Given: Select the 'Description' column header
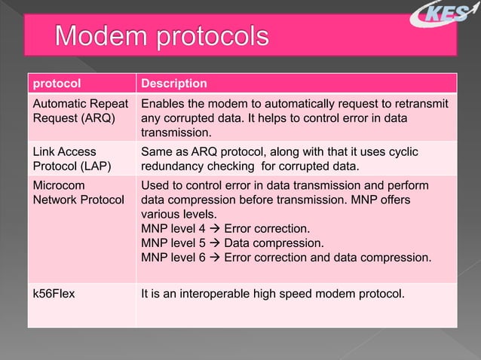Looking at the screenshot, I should pos(174,83).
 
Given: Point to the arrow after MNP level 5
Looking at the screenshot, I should pos(213,243).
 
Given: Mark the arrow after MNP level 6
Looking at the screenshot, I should pos(213,258).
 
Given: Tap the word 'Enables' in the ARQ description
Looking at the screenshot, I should pos(164,103).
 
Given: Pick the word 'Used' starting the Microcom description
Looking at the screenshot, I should pos(156,185).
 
